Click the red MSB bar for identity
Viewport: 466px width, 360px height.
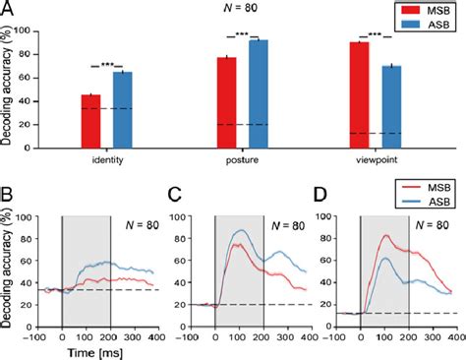click(90, 120)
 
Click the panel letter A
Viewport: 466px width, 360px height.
click(9, 9)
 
